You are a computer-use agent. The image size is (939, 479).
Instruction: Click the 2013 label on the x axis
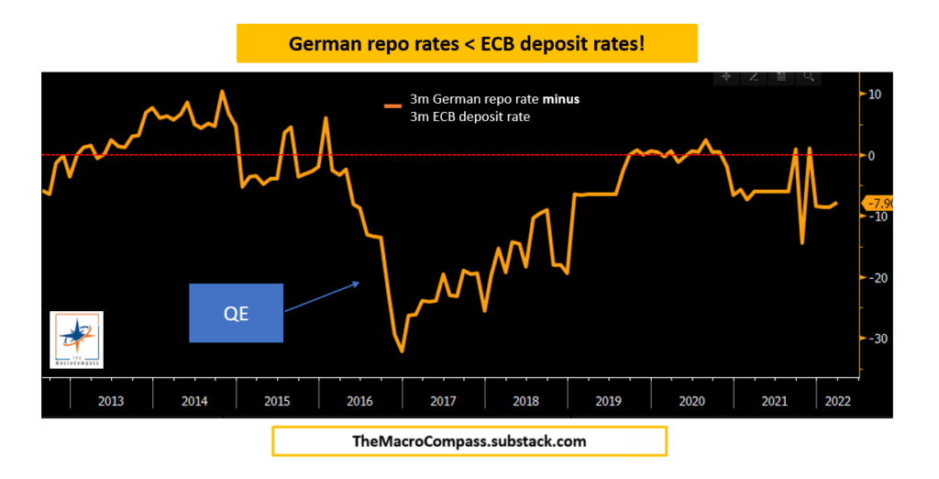[x=111, y=401]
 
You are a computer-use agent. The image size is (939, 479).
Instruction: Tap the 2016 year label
[x=359, y=401]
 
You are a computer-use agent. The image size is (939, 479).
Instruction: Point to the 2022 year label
[x=837, y=401]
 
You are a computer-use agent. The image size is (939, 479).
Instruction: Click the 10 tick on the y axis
[x=874, y=95]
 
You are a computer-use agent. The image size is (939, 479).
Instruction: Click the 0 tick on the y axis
[x=872, y=156]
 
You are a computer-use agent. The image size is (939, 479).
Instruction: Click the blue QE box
[x=236, y=313]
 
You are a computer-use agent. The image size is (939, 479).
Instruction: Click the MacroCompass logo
[x=76, y=340]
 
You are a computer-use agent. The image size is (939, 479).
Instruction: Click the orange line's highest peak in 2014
[x=222, y=91]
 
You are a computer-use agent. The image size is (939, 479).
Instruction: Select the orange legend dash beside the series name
[x=393, y=106]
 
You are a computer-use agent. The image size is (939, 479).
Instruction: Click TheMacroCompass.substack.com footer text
[x=469, y=441]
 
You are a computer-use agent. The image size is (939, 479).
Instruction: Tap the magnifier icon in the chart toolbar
[x=810, y=77]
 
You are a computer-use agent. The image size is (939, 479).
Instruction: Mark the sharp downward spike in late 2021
[x=802, y=243]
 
